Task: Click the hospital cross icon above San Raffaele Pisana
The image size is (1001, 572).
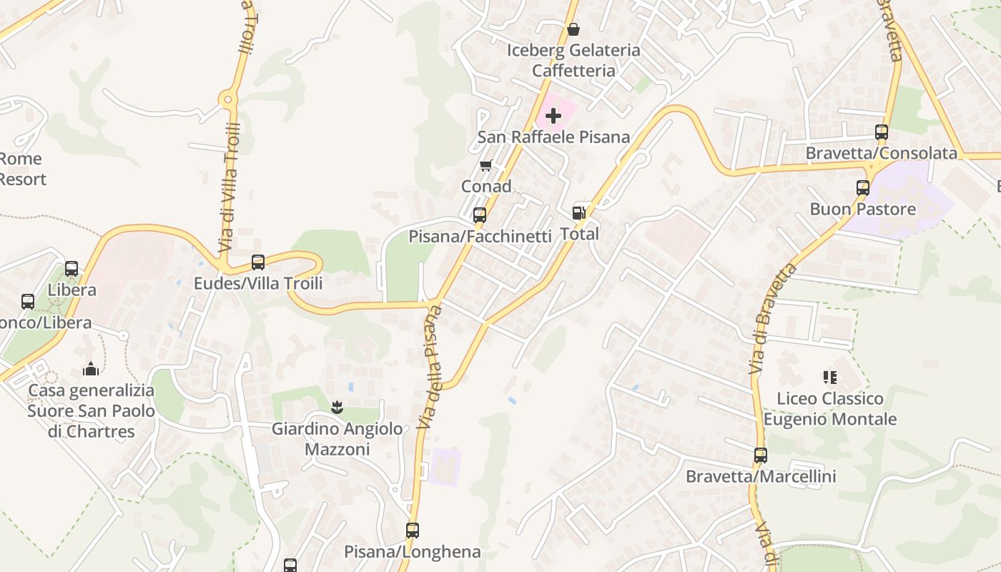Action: [x=553, y=116]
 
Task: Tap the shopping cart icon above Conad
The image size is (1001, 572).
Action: [x=486, y=166]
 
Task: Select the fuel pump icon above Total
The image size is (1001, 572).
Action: [x=578, y=213]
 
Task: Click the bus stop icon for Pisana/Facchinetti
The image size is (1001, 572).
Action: [x=480, y=215]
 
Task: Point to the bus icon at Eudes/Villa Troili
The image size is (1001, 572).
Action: [x=258, y=262]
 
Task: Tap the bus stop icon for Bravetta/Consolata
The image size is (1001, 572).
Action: [x=882, y=132]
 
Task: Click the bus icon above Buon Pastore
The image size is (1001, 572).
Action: [x=863, y=188]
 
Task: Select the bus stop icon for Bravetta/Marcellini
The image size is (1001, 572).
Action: [x=761, y=455]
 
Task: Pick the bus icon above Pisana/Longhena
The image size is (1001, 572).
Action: [x=413, y=531]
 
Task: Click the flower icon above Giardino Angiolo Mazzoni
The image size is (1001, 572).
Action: [x=337, y=408]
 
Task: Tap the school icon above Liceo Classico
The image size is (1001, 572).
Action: [x=829, y=377]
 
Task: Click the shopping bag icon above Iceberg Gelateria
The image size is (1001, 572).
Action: [x=573, y=29]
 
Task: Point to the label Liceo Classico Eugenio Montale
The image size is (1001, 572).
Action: [x=830, y=409]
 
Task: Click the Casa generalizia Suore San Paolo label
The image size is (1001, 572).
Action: [x=91, y=411]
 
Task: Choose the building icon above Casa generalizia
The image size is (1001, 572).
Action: [x=91, y=369]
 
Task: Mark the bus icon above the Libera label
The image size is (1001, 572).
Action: [x=71, y=269]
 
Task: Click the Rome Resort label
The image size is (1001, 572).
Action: [x=21, y=169]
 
